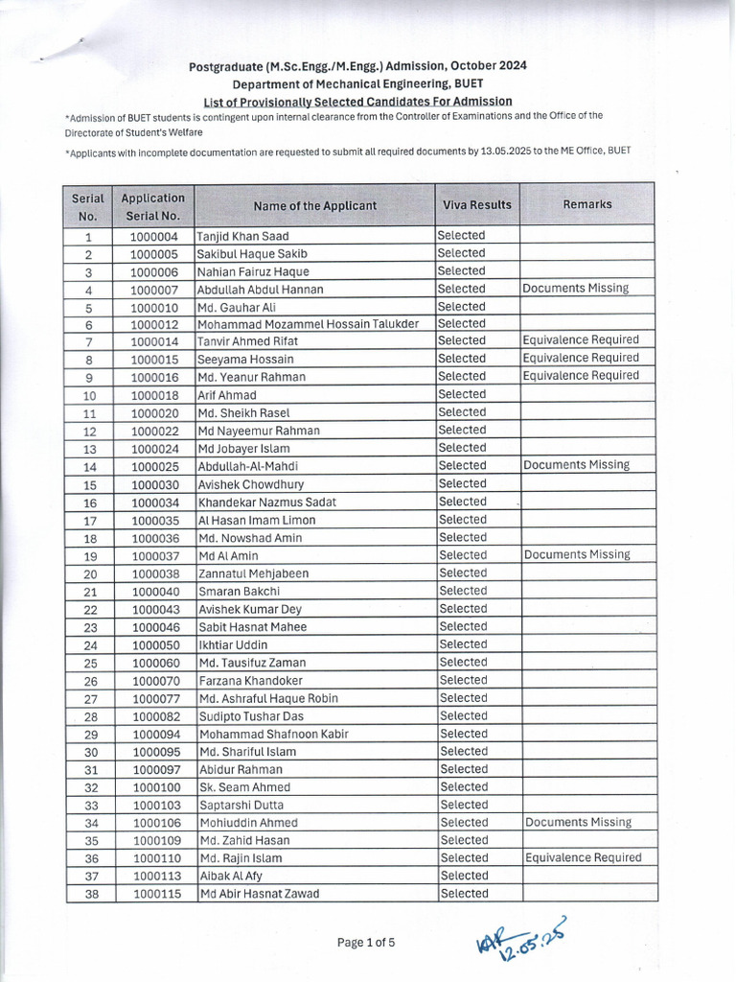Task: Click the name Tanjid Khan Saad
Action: [x=242, y=236]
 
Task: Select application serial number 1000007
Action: [x=154, y=290]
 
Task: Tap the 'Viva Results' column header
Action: [x=476, y=205]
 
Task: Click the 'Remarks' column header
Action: [x=586, y=205]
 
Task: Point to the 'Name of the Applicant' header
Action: [x=314, y=206]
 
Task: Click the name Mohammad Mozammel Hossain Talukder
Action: [x=308, y=324]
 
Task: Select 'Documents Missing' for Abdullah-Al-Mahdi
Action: [x=577, y=465]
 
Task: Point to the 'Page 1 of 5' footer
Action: [x=366, y=943]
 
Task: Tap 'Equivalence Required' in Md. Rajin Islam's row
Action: [x=583, y=858]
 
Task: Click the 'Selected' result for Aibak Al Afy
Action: [x=464, y=876]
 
